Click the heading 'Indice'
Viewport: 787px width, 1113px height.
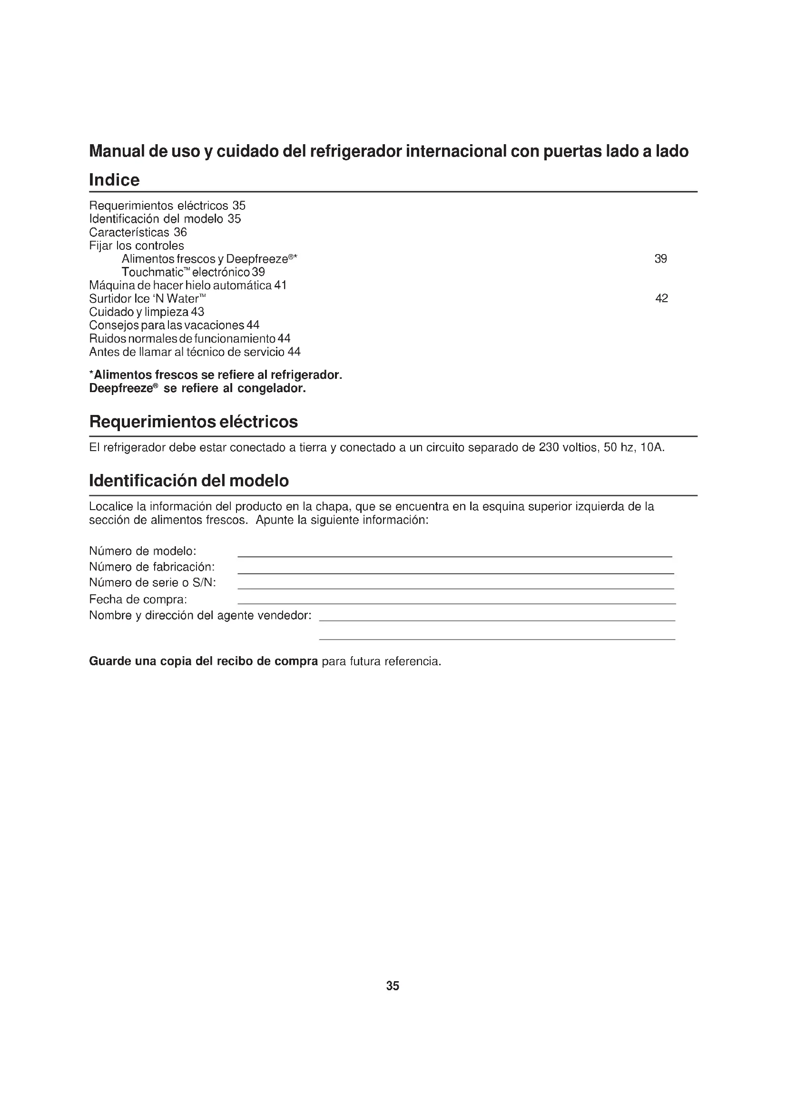click(114, 180)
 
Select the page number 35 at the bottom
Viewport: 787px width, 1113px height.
click(393, 985)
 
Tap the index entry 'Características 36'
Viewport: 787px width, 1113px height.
click(138, 232)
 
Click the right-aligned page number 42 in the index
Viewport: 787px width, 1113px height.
click(661, 298)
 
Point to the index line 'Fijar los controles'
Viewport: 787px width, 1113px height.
click(137, 246)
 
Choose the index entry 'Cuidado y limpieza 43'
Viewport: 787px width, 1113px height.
click(147, 312)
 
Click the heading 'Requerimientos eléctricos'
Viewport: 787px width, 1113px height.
click(193, 422)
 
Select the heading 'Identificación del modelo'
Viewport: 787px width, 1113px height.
click(189, 481)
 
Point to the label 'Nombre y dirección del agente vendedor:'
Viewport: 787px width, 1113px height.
click(200, 615)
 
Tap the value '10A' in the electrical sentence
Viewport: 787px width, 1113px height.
click(651, 447)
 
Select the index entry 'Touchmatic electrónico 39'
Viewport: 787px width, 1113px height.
click(193, 272)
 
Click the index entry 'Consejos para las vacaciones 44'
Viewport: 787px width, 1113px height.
click(175, 325)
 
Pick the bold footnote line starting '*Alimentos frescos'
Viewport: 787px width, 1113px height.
click(216, 374)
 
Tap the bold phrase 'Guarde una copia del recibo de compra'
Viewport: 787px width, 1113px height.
click(204, 661)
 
